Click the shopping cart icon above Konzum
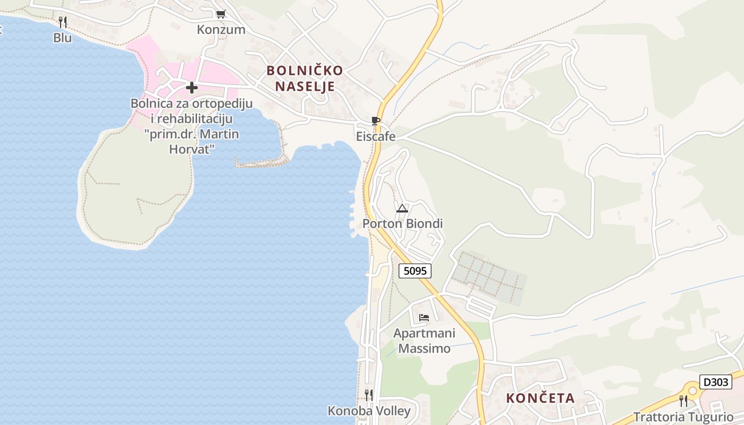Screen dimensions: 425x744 click(x=221, y=14)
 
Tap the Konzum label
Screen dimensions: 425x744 click(x=221, y=30)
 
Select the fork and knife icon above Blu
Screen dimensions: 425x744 click(x=63, y=22)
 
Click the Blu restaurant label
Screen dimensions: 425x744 click(x=63, y=38)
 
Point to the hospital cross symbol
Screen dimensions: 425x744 click(x=192, y=88)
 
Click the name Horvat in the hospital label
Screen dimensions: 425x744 click(x=191, y=149)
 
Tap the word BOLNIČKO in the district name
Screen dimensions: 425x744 click(x=305, y=71)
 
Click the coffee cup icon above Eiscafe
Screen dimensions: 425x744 click(x=376, y=121)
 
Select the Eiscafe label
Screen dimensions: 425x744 click(x=376, y=137)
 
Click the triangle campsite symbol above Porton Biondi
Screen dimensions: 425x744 click(x=402, y=208)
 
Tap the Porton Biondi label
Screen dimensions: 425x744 click(x=402, y=224)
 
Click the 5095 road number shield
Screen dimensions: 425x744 click(x=415, y=271)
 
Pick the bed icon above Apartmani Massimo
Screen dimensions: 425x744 click(x=424, y=318)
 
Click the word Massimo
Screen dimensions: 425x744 click(x=424, y=348)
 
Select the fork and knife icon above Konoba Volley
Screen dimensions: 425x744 click(x=368, y=395)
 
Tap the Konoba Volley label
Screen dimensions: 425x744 click(x=369, y=411)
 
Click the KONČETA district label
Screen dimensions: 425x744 click(x=540, y=398)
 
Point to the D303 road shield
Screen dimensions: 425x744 click(x=715, y=382)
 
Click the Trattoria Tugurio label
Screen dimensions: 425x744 click(x=683, y=417)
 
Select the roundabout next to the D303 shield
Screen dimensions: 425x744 click(x=692, y=390)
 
